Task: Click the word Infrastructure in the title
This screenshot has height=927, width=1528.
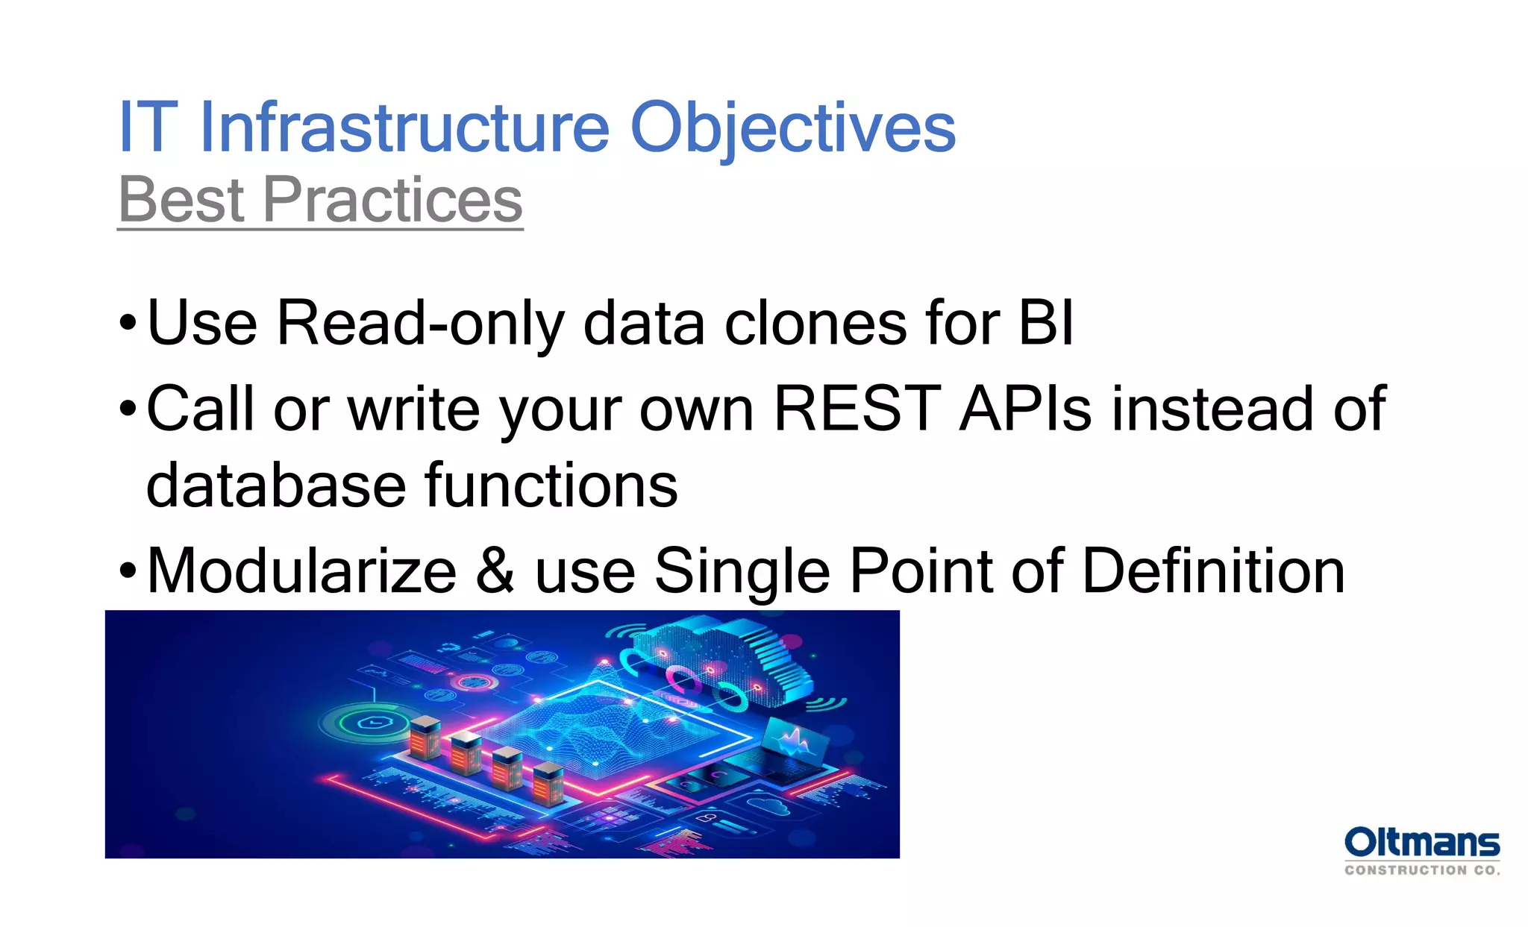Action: click(x=405, y=128)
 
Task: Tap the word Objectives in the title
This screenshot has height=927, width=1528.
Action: click(x=792, y=128)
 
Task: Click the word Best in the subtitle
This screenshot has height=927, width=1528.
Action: click(x=181, y=200)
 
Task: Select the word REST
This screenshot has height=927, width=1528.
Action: click(x=857, y=409)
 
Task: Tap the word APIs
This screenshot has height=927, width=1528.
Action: click(x=1026, y=409)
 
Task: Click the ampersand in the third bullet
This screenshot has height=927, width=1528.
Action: click(x=495, y=571)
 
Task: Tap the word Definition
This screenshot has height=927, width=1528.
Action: click(x=1213, y=571)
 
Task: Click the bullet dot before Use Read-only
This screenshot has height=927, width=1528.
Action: click(x=128, y=324)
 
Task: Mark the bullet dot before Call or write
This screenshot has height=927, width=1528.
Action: click(x=128, y=409)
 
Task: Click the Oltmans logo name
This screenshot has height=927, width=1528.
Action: click(x=1421, y=843)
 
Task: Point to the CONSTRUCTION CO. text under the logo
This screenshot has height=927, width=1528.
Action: click(x=1421, y=870)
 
